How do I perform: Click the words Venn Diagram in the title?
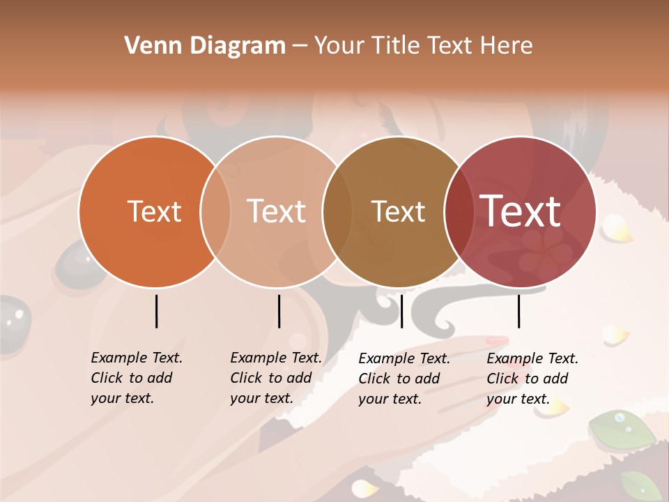pyautogui.click(x=205, y=46)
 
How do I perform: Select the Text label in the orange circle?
pyautogui.click(x=154, y=211)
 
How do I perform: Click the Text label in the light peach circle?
pyautogui.click(x=276, y=211)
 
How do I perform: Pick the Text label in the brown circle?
pyautogui.click(x=398, y=211)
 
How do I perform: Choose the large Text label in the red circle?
pyautogui.click(x=521, y=211)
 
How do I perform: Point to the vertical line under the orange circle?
pyautogui.click(x=156, y=311)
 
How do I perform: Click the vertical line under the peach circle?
pyautogui.click(x=279, y=311)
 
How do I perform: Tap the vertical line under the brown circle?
pyautogui.click(x=401, y=311)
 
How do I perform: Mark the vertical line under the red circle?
pyautogui.click(x=518, y=311)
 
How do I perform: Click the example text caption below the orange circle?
pyautogui.click(x=136, y=378)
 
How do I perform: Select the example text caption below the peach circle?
pyautogui.click(x=275, y=378)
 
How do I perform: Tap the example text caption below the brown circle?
pyautogui.click(x=403, y=379)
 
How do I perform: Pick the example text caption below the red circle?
pyautogui.click(x=532, y=379)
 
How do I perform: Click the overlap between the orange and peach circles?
pyautogui.click(x=215, y=211)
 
